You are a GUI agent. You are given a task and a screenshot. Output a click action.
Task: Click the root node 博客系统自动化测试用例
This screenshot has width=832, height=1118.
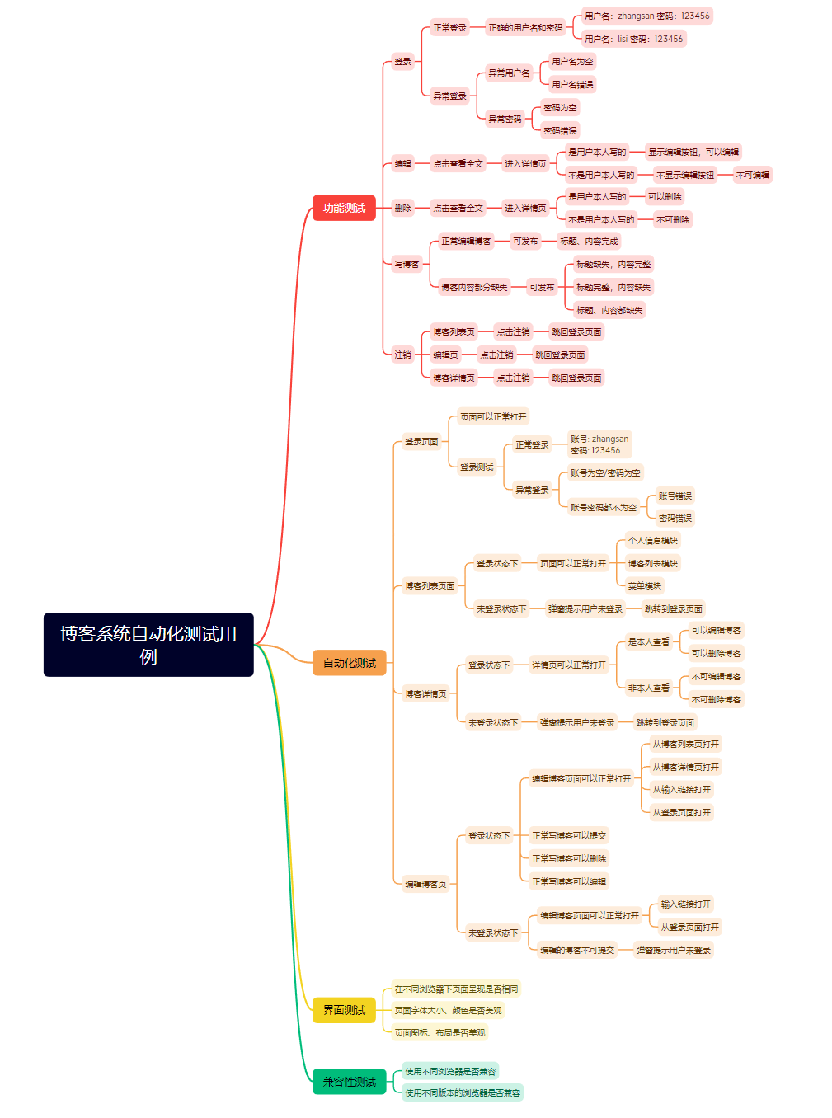tap(148, 645)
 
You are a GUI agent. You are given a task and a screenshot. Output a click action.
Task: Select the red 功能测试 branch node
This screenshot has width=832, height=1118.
tap(344, 208)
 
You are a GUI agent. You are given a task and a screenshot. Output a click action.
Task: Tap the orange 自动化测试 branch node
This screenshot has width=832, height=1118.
tap(349, 663)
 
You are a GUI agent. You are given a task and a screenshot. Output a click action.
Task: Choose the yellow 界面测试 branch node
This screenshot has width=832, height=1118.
tap(344, 1010)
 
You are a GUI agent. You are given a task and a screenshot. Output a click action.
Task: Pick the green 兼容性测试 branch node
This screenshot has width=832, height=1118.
tap(349, 1082)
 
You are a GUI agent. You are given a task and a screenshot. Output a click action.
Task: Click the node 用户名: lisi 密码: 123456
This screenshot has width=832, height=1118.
tap(633, 39)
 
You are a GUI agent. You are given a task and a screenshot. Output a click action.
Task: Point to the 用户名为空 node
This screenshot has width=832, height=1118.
tap(572, 62)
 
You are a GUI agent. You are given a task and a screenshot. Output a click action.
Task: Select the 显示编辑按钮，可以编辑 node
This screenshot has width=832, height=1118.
tap(693, 152)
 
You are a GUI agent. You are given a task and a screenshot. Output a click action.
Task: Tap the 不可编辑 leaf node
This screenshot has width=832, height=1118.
tap(752, 175)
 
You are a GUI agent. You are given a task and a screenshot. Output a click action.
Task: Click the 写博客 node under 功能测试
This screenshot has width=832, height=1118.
tap(407, 265)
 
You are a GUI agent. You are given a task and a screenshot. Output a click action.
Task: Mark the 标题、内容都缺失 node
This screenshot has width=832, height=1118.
tap(609, 311)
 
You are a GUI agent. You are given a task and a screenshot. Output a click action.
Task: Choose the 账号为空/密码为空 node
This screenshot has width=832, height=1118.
tap(605, 473)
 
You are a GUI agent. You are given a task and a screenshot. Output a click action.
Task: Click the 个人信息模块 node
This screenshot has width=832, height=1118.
tap(652, 541)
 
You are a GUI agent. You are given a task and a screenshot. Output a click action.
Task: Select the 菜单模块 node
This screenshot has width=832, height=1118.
tap(644, 586)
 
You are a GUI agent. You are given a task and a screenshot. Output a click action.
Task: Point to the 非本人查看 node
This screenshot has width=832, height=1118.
tap(648, 688)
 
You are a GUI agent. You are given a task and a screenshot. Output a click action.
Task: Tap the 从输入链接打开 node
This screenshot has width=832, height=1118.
tap(681, 790)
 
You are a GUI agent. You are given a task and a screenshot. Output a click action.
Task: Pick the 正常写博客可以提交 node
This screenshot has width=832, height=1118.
tap(568, 836)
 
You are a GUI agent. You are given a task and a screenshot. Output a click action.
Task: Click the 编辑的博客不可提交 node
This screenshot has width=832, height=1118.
tap(576, 951)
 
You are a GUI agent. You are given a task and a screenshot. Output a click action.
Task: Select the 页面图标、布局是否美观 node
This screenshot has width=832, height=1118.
tap(440, 1032)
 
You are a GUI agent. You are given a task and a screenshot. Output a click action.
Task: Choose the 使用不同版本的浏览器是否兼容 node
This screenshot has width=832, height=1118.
tap(463, 1093)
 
